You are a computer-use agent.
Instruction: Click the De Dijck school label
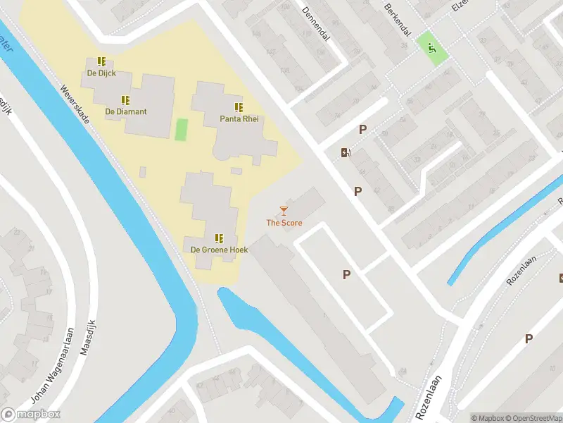101,73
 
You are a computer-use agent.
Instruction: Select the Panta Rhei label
239,119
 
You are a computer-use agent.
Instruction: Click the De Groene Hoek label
218,250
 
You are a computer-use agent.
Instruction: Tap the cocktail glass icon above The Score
284,210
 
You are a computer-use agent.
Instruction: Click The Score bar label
284,223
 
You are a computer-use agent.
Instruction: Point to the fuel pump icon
346,152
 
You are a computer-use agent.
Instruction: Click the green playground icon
431,48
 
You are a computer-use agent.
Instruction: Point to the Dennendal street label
316,24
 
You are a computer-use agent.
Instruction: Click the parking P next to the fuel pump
363,129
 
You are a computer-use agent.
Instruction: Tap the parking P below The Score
346,274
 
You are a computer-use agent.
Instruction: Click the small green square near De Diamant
182,130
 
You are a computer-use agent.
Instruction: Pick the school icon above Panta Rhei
239,107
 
